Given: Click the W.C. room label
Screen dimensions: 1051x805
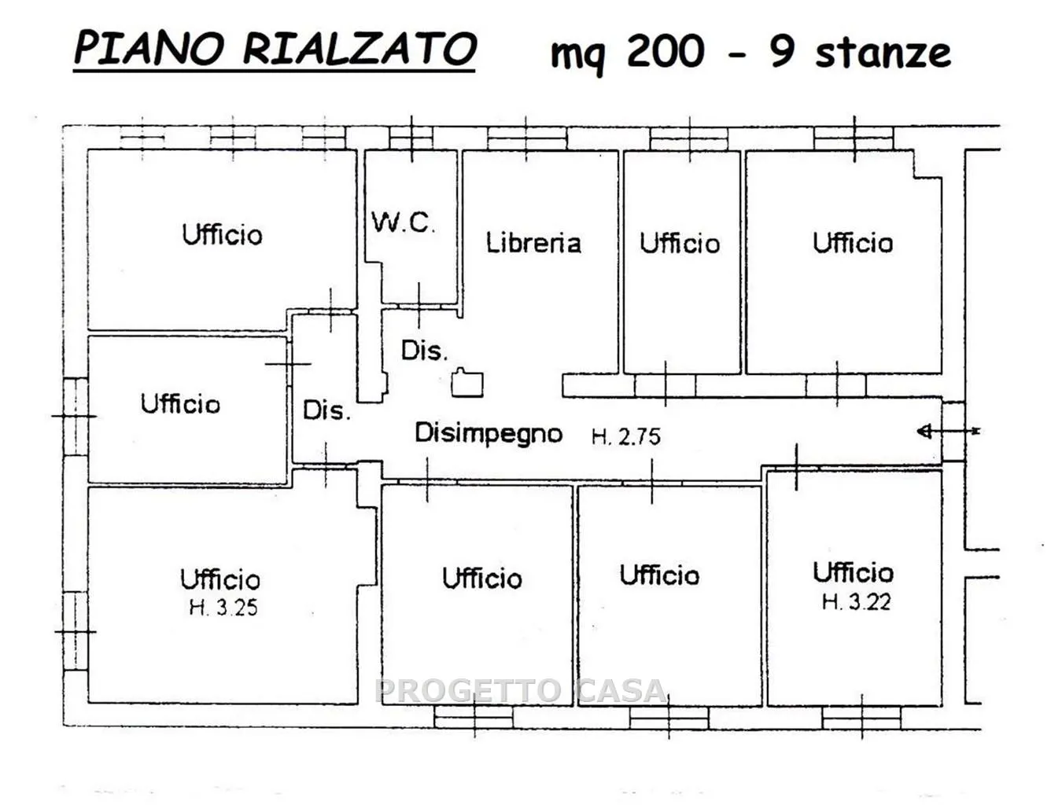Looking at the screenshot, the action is [x=403, y=222].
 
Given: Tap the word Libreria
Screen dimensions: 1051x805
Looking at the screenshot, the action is [x=533, y=243].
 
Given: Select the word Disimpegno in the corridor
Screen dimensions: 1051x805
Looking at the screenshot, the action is [x=489, y=434].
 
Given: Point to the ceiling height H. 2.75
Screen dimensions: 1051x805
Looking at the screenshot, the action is [x=626, y=437].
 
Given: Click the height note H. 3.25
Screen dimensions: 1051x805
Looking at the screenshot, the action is [x=223, y=608].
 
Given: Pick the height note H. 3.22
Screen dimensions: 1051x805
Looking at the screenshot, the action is [x=856, y=602].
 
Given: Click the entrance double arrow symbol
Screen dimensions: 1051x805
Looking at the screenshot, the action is [x=949, y=431].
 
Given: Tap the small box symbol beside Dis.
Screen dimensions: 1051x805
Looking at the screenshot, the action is [x=467, y=382].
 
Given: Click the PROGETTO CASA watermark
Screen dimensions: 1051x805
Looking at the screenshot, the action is [x=521, y=691].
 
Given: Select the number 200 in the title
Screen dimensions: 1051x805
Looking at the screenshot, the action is [x=665, y=51].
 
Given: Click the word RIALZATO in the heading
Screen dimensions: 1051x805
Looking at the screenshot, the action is [x=360, y=49].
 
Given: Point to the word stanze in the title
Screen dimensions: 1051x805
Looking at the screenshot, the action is [x=883, y=53].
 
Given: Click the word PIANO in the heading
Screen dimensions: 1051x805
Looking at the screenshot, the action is [x=149, y=49].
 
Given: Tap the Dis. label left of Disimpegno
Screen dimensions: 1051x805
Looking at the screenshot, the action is [x=326, y=410].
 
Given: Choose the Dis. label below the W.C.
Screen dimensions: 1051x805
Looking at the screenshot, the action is [x=424, y=351].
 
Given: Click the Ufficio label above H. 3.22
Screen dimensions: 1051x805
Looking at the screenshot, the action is [x=853, y=572].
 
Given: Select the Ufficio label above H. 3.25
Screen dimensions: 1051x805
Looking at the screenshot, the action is [x=220, y=579].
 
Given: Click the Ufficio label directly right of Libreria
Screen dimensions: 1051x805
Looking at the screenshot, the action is [x=680, y=243].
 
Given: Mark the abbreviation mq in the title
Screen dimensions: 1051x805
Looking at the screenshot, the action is [x=578, y=56].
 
